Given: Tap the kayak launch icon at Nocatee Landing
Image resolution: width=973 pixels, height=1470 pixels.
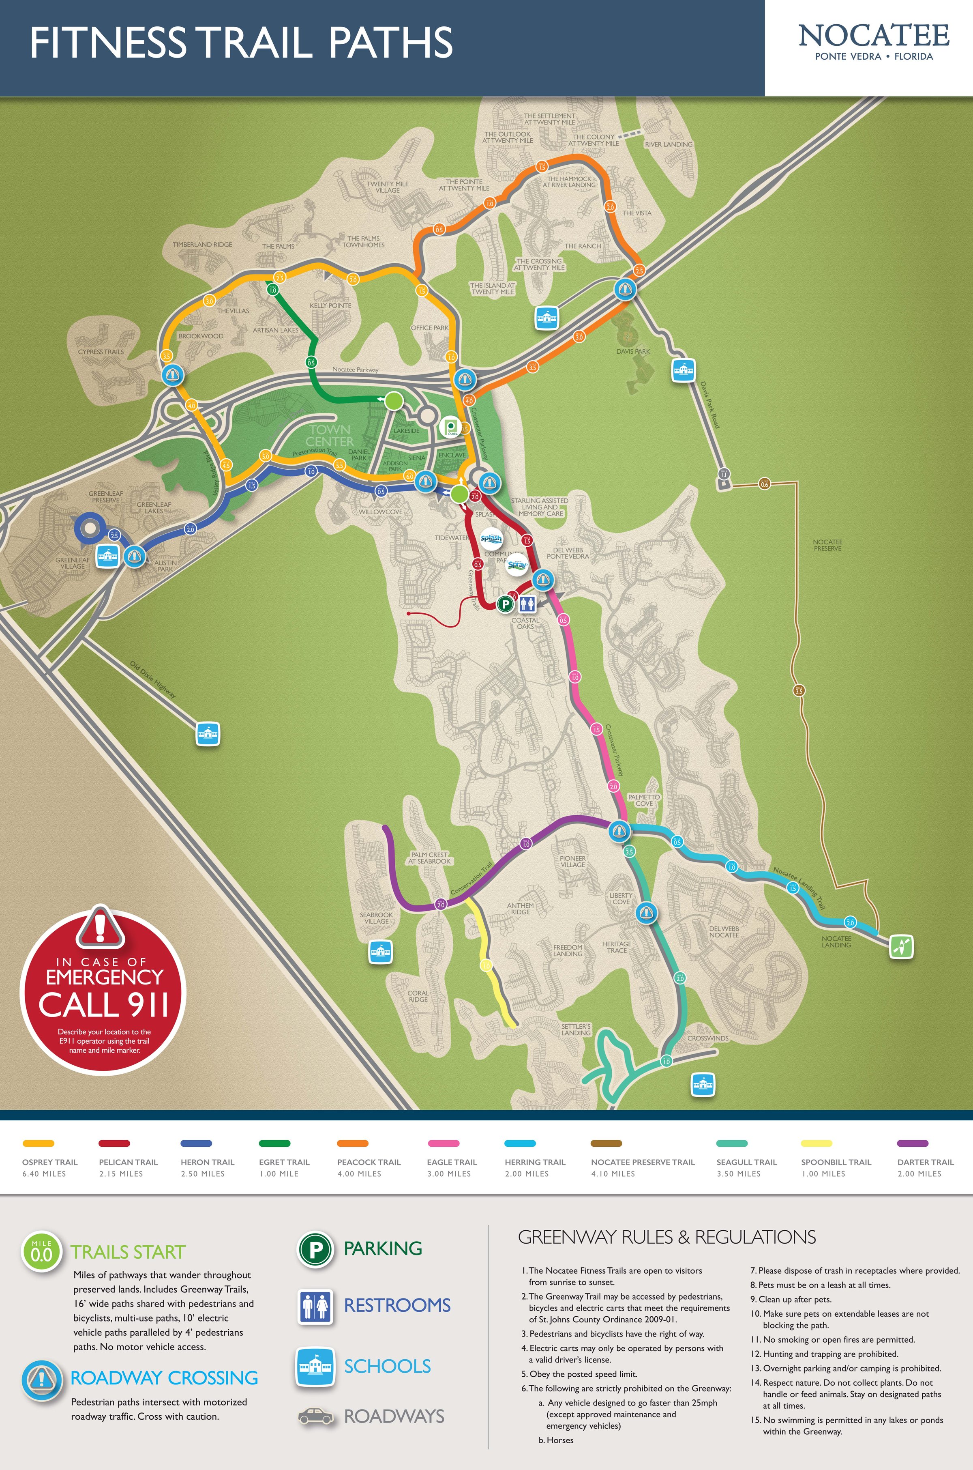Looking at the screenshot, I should [x=901, y=946].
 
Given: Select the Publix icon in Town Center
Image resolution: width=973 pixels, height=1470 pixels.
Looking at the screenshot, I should [x=450, y=428].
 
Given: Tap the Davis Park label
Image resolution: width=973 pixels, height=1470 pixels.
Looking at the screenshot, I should [x=633, y=351].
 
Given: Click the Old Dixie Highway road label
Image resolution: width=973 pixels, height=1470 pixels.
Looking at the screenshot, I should [x=153, y=680].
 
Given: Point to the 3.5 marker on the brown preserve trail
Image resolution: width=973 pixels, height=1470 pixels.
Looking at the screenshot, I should [x=799, y=691].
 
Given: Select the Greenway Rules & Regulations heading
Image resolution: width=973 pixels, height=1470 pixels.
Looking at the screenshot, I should [x=667, y=1237].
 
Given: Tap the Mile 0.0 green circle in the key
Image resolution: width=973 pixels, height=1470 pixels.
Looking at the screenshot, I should [x=42, y=1253].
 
